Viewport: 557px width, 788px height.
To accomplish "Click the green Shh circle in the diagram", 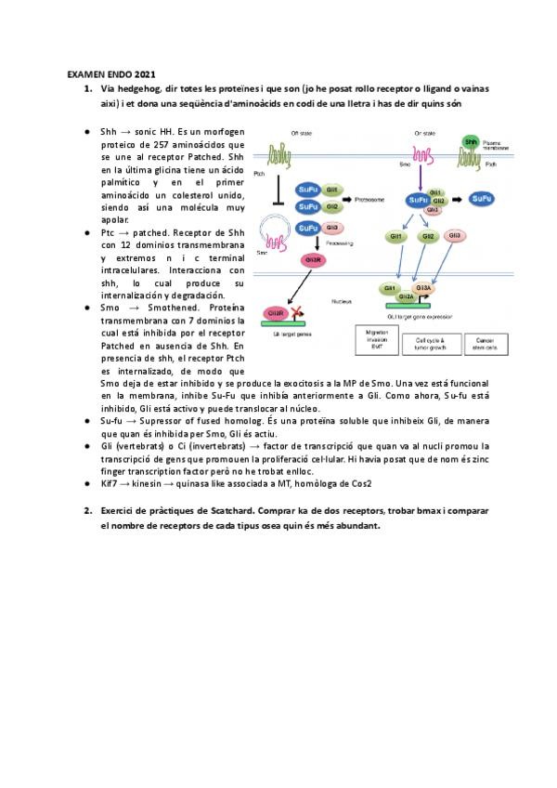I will (471, 142).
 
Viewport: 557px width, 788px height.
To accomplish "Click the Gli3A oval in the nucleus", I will (423, 289).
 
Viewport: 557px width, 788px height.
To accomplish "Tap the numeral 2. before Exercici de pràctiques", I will (86, 511).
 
